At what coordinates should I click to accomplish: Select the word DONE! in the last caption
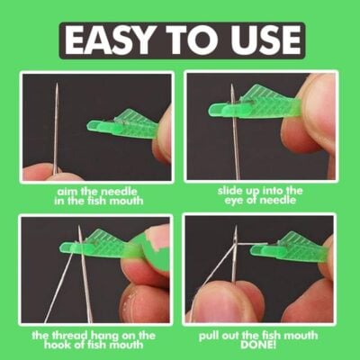(258, 345)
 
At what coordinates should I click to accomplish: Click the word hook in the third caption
(57, 345)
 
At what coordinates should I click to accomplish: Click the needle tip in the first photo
(57, 85)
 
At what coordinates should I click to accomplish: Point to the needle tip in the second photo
(231, 85)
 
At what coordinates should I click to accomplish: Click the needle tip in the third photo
(79, 226)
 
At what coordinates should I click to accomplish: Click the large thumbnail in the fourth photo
(219, 303)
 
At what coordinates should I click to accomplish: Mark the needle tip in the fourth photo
(236, 226)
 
